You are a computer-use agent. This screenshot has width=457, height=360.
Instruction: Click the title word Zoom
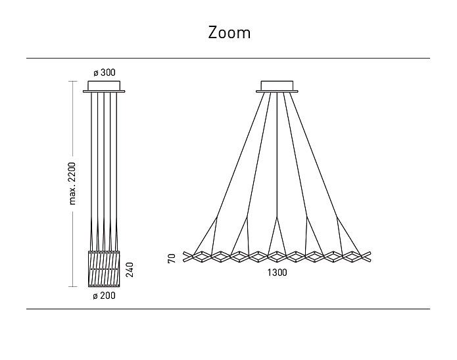coord(229,33)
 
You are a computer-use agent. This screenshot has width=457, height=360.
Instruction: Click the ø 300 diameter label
coord(105,72)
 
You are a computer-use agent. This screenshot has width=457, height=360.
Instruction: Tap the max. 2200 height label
coord(72,184)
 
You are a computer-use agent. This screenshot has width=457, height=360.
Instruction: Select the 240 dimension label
coord(130,270)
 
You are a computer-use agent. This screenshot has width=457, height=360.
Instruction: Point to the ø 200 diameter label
coord(104,296)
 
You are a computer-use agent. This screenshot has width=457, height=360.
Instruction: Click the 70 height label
coord(172,258)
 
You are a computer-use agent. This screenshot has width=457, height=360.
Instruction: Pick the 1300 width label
coord(277,272)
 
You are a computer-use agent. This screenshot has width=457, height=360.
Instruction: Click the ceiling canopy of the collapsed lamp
coord(104,87)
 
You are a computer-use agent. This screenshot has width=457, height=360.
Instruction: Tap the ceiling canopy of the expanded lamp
coord(277,87)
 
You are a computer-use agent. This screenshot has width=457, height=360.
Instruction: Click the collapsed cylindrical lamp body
coord(104,269)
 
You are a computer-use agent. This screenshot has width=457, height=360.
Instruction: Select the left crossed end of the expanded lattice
coord(189,257)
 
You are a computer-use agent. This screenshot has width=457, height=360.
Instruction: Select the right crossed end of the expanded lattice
coord(366,257)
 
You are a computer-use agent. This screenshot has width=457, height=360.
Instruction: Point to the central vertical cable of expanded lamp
coord(277,155)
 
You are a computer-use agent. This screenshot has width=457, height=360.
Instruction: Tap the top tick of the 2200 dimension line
coord(72,81)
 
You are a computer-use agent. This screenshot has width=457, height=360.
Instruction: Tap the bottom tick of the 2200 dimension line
coord(72,286)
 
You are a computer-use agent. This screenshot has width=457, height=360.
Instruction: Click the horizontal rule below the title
coord(228,59)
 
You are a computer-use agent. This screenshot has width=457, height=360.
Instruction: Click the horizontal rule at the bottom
coord(228,309)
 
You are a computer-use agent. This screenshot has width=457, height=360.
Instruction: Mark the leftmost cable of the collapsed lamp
coord(91,172)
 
